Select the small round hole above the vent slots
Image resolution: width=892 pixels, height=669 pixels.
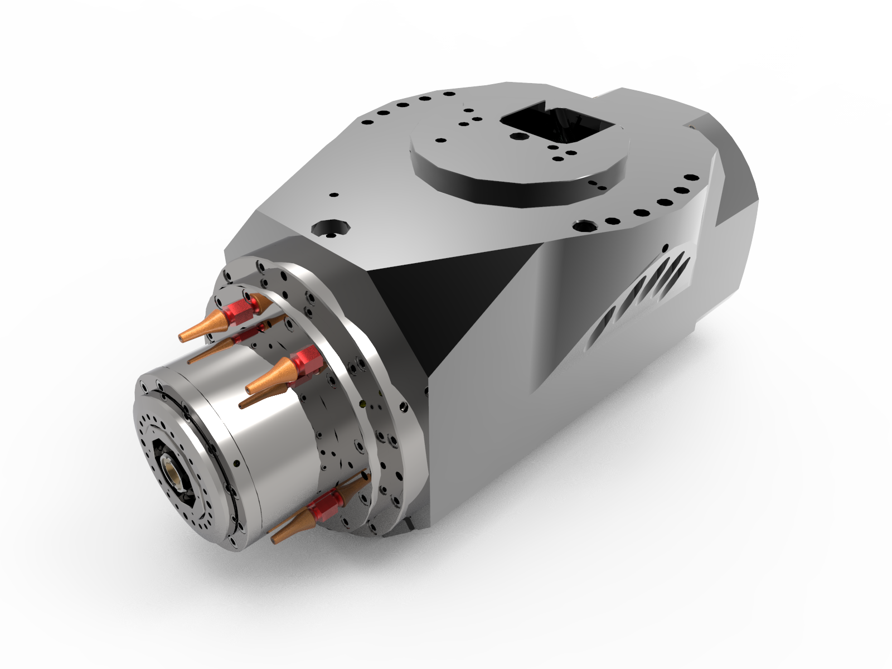(x=665, y=247)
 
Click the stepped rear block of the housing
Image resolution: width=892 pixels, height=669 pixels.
(x=730, y=167)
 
